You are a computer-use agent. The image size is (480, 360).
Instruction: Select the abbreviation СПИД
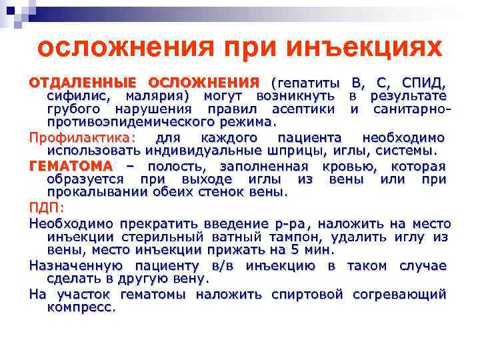(x=423, y=83)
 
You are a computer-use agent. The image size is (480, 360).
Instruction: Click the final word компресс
(x=81, y=307)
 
